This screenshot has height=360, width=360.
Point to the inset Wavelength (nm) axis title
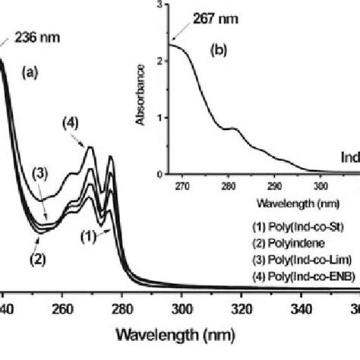253,201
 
